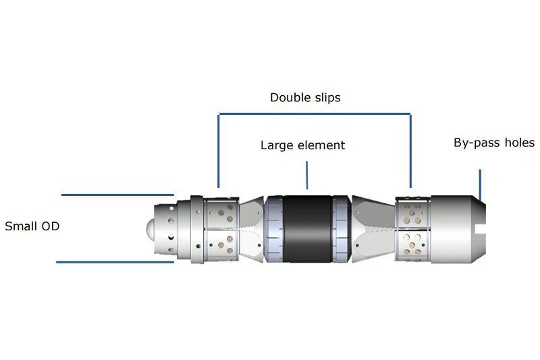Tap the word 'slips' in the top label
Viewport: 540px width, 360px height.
[328, 98]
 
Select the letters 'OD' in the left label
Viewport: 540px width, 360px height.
[50, 226]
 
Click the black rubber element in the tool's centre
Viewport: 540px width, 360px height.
[308, 229]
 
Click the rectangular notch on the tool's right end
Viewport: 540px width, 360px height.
[481, 229]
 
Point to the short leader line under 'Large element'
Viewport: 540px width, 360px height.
[307, 175]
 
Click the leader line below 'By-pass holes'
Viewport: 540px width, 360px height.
[480, 184]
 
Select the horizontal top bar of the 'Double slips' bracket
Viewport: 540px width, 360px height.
[315, 113]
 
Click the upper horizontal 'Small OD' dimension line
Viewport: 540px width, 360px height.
[117, 195]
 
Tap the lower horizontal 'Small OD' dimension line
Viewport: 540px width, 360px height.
[115, 262]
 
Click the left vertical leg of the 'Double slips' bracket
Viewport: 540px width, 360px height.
[218, 151]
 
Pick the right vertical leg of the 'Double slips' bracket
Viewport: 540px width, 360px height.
[410, 151]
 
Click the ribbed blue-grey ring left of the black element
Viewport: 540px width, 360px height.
[274, 229]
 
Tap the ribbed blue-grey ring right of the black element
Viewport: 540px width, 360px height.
[342, 229]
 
